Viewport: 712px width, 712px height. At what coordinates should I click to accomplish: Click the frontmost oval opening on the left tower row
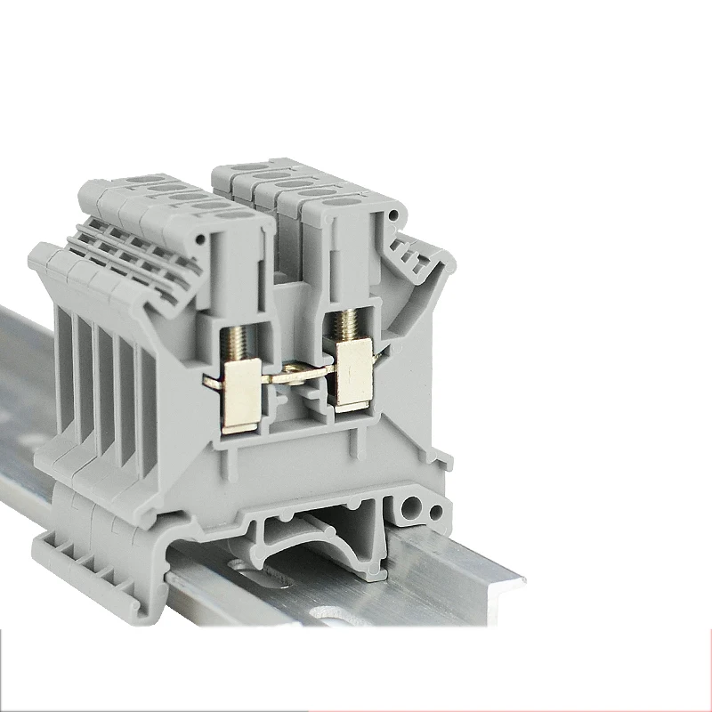point(234,214)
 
